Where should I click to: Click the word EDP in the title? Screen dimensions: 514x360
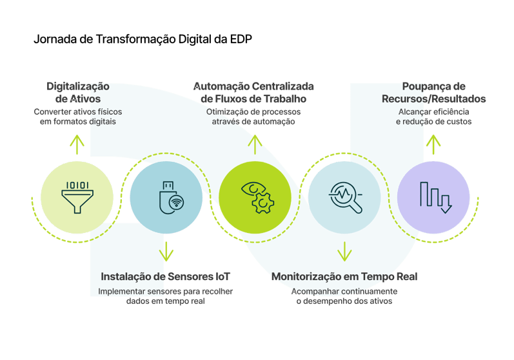click(241, 39)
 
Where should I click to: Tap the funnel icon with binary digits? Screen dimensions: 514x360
click(77, 197)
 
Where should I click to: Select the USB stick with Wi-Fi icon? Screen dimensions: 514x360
click(172, 197)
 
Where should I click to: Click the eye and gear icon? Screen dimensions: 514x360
click(257, 197)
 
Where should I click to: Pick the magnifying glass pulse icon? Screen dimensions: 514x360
click(346, 197)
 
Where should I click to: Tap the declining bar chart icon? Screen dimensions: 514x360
click(436, 197)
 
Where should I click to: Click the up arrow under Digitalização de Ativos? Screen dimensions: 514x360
click(77, 145)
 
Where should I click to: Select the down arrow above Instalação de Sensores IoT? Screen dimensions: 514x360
click(166, 252)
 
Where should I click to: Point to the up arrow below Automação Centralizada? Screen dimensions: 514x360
click(255, 145)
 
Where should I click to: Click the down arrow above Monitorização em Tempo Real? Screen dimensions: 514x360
click(344, 252)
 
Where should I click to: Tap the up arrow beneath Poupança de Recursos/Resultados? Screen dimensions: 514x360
click(433, 145)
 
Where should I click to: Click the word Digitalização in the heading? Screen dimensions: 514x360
click(78, 86)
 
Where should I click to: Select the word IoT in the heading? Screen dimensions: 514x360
click(222, 276)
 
